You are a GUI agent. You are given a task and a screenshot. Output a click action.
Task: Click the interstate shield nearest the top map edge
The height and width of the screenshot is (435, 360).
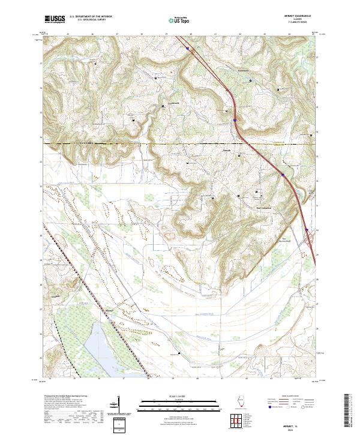[187, 48]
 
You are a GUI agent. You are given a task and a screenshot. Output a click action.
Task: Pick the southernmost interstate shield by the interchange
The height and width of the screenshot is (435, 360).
[307, 230]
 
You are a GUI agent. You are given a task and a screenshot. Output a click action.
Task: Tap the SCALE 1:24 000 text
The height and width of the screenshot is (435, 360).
[179, 397]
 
